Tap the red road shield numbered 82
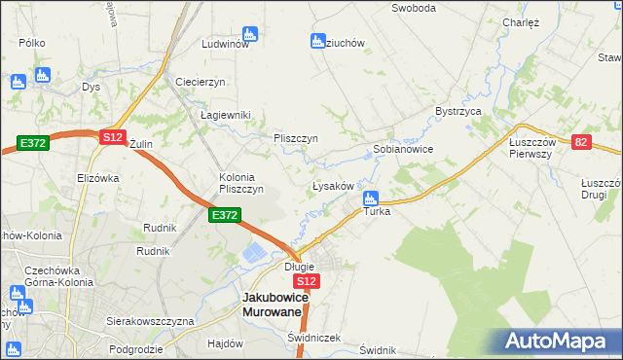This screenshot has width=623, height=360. click(581, 142)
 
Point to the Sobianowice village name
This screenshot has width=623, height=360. click(403, 150)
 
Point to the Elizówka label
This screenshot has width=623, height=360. click(97, 178)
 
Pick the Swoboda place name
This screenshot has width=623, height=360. click(413, 8)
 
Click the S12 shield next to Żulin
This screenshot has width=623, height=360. click(112, 138)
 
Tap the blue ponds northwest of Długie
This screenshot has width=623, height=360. click(252, 254)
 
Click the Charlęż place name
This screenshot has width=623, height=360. click(521, 21)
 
